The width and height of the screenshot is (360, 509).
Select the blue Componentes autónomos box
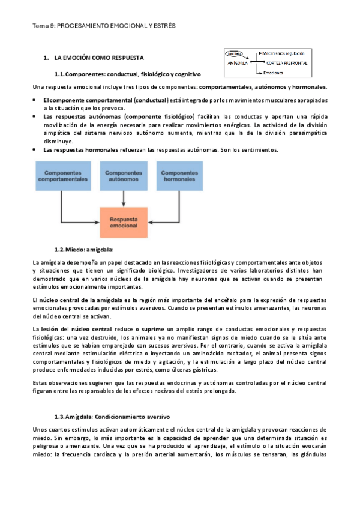point(123,176)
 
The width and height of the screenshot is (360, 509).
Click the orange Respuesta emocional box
point(123,223)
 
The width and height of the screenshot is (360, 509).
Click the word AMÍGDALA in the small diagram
point(237,62)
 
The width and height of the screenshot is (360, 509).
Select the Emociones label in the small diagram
point(273,73)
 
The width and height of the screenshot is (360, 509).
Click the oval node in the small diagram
point(235,53)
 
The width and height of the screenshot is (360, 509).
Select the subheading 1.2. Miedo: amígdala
point(83,249)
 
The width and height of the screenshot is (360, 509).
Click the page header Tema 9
point(104,26)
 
